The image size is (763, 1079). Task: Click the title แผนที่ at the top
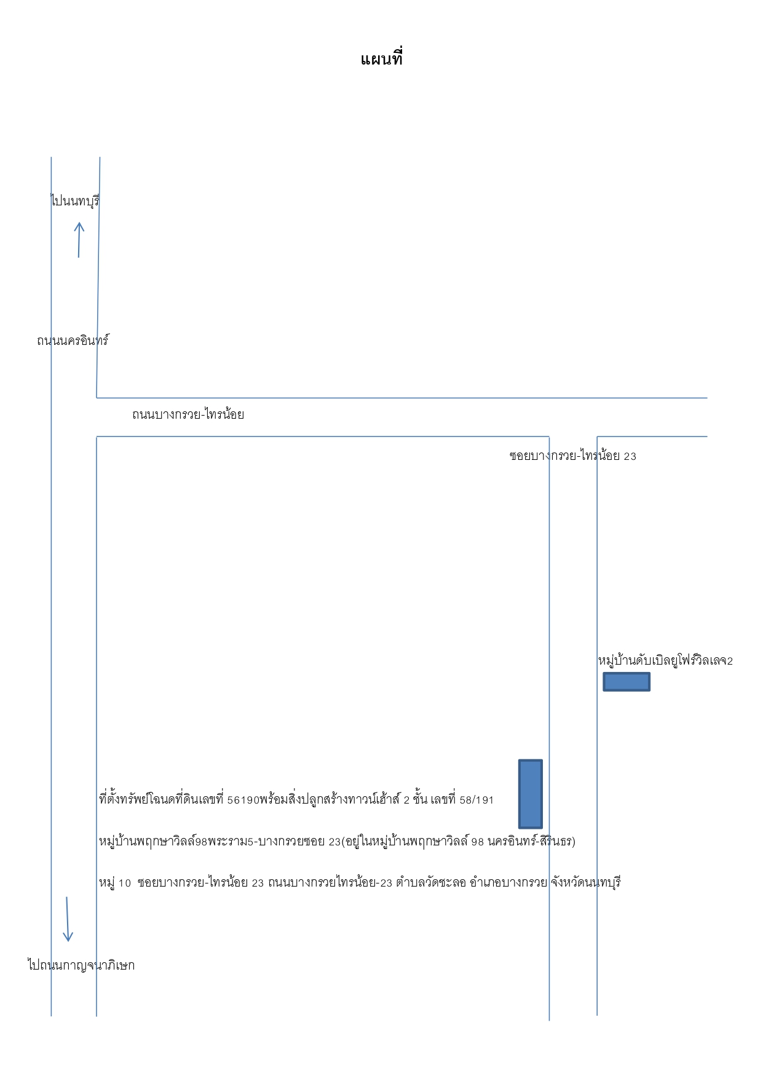pos(381,59)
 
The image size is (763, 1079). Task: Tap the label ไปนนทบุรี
pos(75,200)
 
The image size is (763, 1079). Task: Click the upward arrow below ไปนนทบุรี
pos(79,240)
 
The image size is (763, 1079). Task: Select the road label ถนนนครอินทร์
pos(73,340)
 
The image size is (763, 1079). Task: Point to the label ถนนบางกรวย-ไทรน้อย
pos(188,414)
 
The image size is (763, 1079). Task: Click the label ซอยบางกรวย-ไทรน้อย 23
pos(573,456)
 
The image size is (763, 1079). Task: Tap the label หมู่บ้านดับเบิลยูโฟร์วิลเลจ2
pos(665,660)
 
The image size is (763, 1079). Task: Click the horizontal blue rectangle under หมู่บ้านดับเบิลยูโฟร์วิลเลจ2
pos(627,682)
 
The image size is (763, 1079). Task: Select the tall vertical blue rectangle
pos(531,794)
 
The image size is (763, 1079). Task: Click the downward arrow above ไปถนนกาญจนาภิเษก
pos(68,919)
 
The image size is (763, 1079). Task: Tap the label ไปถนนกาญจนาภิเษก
pos(81,965)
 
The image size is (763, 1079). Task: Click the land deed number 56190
pos(243,800)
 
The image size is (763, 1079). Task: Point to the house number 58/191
pos(476,800)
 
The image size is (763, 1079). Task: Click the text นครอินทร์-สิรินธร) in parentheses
pos(532,840)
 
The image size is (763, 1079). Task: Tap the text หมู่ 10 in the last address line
pos(115,882)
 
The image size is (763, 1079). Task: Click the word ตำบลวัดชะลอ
pos(431,882)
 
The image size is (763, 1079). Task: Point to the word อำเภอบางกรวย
pos(508,882)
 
